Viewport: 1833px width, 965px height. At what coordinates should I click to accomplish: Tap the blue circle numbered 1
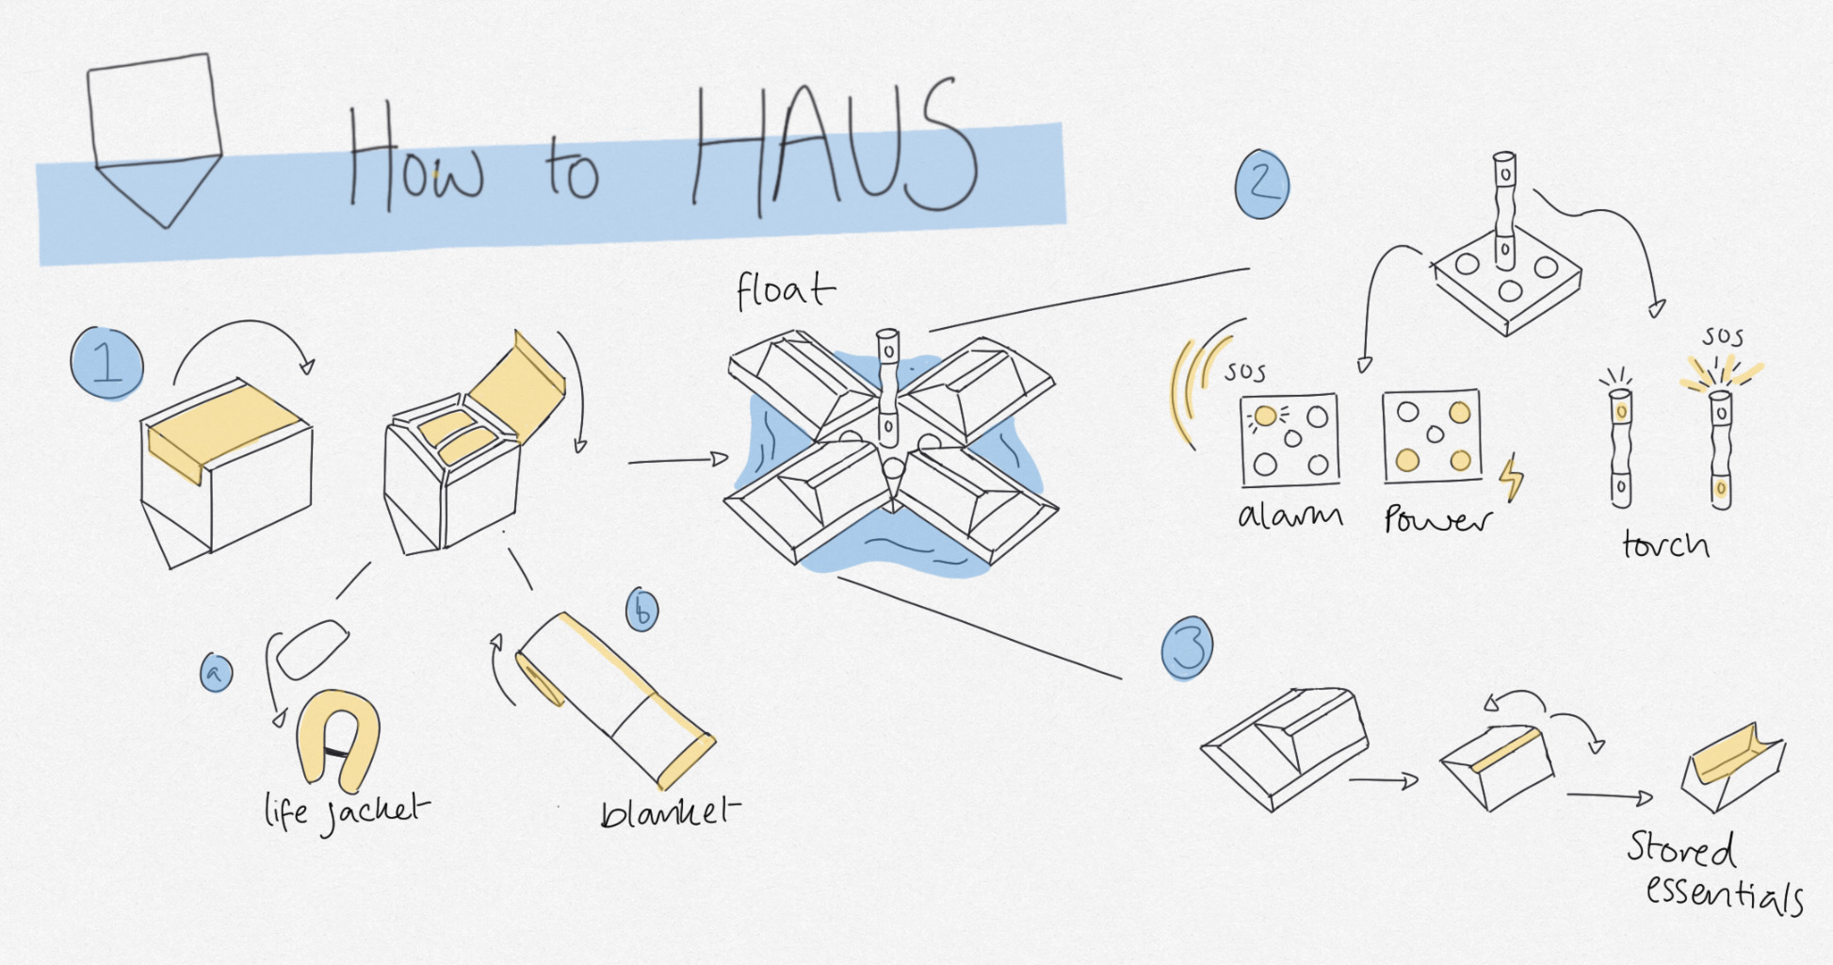point(107,363)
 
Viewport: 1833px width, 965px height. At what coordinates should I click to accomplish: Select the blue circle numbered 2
point(1262,184)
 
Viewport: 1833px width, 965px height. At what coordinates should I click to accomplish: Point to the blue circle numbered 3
point(1187,648)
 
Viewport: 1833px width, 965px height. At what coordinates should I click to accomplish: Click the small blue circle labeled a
point(217,673)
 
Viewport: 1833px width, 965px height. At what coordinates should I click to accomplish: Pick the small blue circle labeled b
point(642,611)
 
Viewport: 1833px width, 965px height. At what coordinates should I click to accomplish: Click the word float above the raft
point(784,290)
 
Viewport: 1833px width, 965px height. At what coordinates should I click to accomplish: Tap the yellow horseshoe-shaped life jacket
point(338,740)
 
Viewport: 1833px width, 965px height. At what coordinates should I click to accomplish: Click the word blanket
point(669,811)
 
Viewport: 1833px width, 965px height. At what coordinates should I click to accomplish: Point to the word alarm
point(1290,515)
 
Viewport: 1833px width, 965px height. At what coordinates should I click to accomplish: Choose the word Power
point(1437,519)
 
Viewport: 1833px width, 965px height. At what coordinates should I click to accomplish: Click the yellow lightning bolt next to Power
point(1511,479)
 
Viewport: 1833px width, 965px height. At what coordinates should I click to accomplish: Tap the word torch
point(1665,545)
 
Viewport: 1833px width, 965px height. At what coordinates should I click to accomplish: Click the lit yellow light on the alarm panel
point(1265,416)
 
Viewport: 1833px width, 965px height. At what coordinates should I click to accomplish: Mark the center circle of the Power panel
point(1434,433)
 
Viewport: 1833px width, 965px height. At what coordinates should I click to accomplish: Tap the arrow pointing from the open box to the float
point(678,461)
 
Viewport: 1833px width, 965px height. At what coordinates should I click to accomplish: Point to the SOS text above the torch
point(1723,336)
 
